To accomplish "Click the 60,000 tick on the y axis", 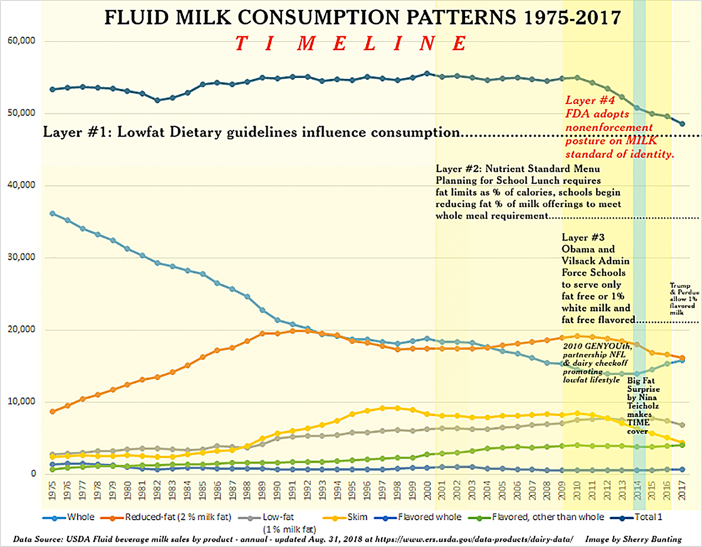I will (x=21, y=41).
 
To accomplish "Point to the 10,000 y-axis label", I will (x=21, y=401).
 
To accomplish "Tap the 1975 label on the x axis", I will (x=52, y=490).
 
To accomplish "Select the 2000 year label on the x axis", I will (x=427, y=490).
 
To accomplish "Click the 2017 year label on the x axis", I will (x=682, y=490).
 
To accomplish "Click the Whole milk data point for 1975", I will (x=52, y=213).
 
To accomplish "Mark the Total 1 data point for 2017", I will (x=682, y=124).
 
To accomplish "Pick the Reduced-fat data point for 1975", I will (x=52, y=411).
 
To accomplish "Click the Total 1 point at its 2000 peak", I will (x=427, y=73).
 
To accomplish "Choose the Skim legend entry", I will (x=357, y=517).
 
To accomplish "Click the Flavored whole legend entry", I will (x=429, y=517).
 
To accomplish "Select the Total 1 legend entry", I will (x=648, y=517).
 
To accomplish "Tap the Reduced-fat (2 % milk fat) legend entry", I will (x=178, y=517).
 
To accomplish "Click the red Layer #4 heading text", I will (x=590, y=100).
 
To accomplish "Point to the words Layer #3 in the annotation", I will (x=583, y=237).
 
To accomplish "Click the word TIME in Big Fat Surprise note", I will (x=638, y=423).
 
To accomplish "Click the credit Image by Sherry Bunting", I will (x=633, y=539).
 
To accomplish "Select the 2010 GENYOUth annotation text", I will (x=597, y=346).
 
